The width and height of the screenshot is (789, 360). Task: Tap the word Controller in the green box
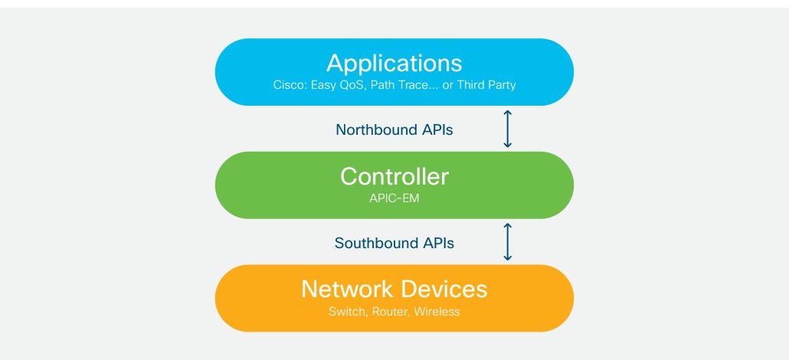point(394,177)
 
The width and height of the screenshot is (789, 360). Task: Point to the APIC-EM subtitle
point(394,198)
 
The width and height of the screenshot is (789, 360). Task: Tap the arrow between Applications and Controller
point(507,129)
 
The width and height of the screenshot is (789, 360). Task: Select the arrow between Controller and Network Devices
point(507,242)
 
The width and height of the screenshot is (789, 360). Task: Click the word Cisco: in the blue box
point(290,85)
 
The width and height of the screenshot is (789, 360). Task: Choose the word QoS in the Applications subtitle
point(352,85)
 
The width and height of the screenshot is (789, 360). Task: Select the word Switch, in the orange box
point(349,312)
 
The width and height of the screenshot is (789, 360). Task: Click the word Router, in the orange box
point(391,312)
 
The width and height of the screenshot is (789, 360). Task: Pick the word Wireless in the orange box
point(437,312)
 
